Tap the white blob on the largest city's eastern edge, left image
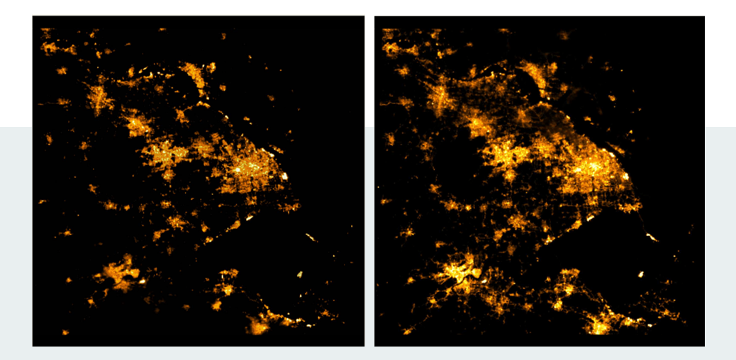(x=285, y=176)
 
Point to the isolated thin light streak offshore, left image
(x=311, y=237)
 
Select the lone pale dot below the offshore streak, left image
(x=299, y=274)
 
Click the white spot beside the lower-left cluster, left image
(x=142, y=281)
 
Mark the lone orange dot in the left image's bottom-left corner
(x=65, y=332)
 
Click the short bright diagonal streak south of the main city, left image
(x=250, y=220)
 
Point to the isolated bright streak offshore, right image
(x=652, y=237)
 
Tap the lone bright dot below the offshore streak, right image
(x=641, y=274)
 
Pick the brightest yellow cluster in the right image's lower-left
(x=457, y=272)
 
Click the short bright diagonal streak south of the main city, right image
(x=591, y=220)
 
